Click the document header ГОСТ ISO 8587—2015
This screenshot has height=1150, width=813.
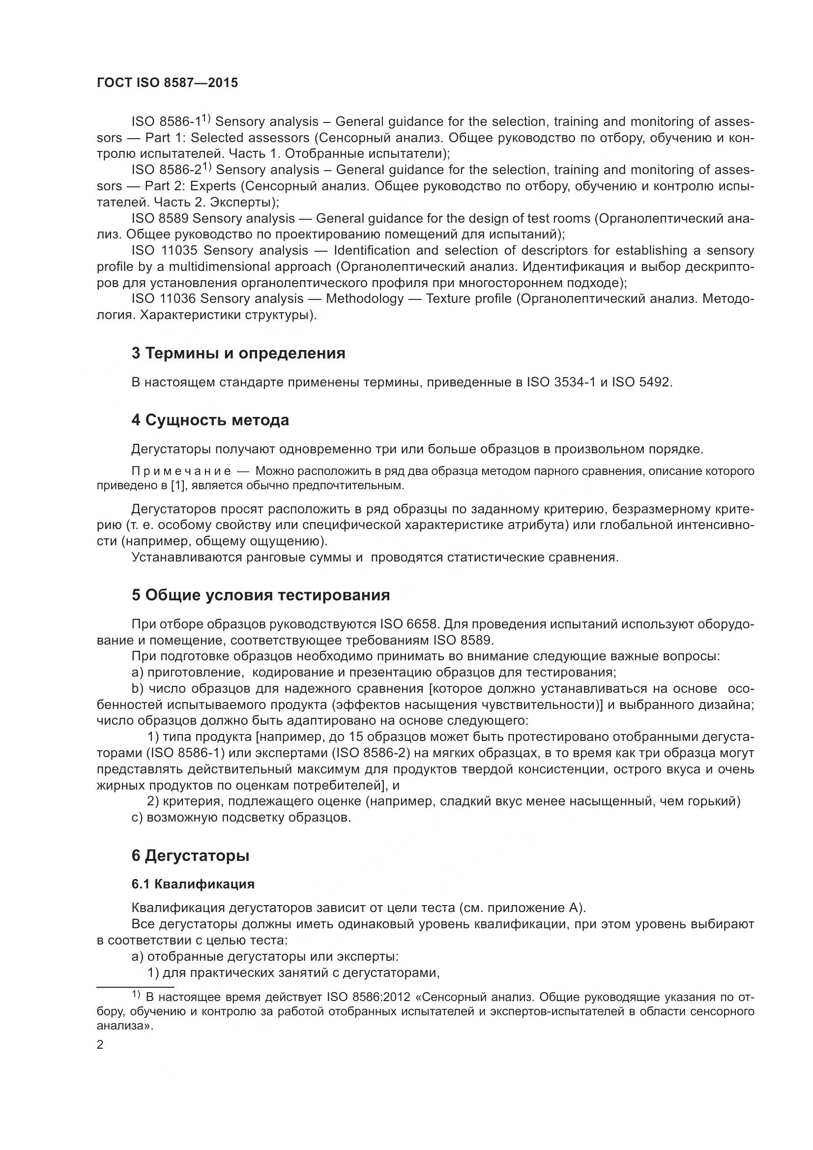(x=167, y=83)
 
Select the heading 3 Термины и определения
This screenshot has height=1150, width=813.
(x=238, y=353)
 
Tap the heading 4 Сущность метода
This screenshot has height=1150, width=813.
(x=210, y=420)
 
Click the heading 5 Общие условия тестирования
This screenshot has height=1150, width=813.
(x=261, y=595)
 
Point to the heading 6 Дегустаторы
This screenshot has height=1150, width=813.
(x=190, y=855)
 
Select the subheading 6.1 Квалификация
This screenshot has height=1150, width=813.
(x=193, y=884)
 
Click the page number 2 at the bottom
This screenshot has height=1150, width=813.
(x=100, y=1045)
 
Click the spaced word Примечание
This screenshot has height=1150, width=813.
(x=181, y=472)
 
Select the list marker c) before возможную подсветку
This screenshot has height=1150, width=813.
(x=137, y=817)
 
